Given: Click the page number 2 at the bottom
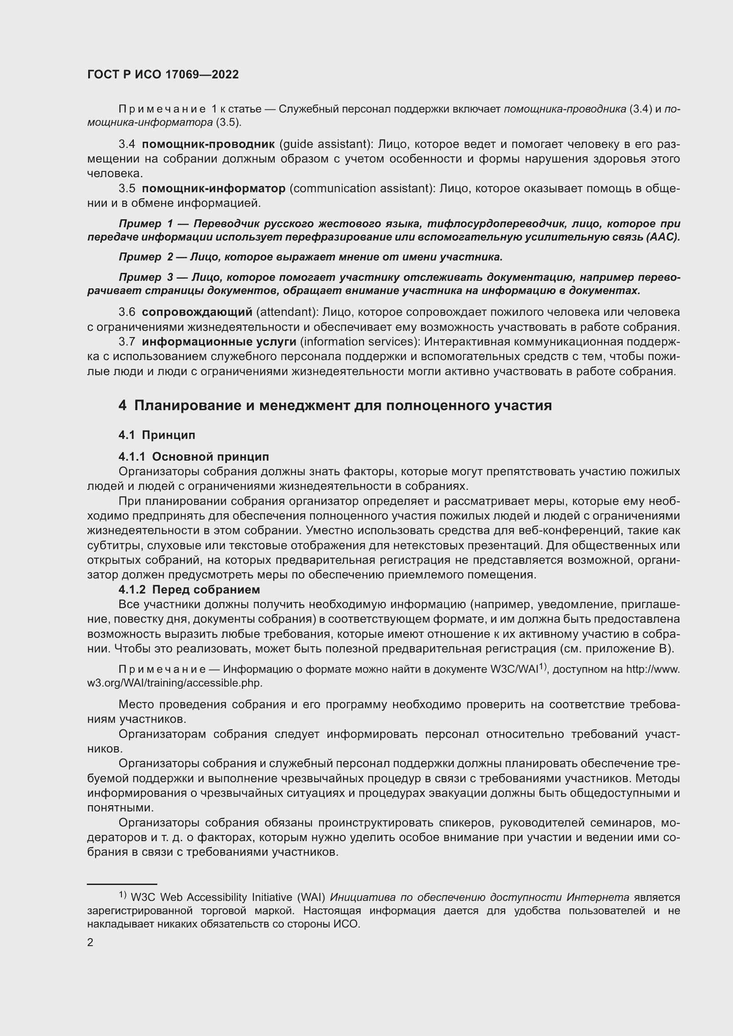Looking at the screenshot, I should [x=90, y=943].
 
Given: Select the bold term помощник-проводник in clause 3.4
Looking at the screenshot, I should [x=208, y=144].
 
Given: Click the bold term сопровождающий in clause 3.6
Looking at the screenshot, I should [x=197, y=312].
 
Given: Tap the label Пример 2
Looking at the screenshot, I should [x=146, y=257].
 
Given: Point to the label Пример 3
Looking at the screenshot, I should [x=146, y=277].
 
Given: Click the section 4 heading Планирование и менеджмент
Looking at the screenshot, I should [x=335, y=406].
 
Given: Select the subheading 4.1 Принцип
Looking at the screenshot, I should [x=157, y=435].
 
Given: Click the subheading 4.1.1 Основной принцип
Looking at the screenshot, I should [x=194, y=457].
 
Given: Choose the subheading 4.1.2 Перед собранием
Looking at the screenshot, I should [x=189, y=590].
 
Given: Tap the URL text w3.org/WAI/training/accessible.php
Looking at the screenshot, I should [x=174, y=683].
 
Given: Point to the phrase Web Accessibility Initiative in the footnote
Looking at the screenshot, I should [x=226, y=897].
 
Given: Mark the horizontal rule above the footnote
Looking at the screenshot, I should [x=122, y=884].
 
